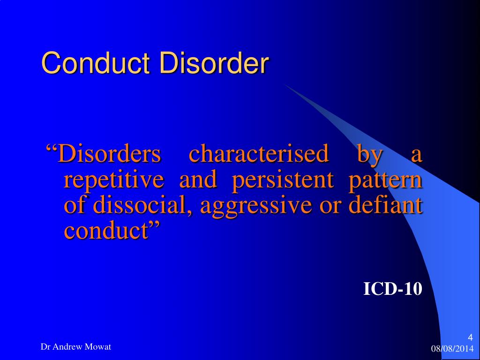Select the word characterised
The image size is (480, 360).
coord(258,155)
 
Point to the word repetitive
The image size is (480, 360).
coord(114,180)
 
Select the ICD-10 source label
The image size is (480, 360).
coord(393,289)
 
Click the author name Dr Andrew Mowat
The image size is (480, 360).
coord(76,347)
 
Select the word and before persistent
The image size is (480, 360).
coord(198,180)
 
